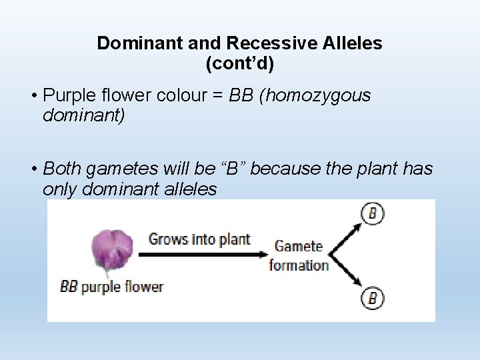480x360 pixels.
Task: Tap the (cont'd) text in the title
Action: click(x=240, y=64)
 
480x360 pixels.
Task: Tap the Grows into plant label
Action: click(x=199, y=239)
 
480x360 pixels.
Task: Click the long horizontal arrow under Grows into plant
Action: click(x=200, y=254)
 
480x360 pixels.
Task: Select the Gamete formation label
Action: click(x=298, y=255)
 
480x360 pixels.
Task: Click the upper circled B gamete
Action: click(x=373, y=214)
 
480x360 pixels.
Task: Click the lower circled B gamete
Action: click(x=373, y=297)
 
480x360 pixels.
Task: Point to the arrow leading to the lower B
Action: click(x=347, y=273)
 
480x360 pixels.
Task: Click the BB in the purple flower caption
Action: click(x=69, y=287)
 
